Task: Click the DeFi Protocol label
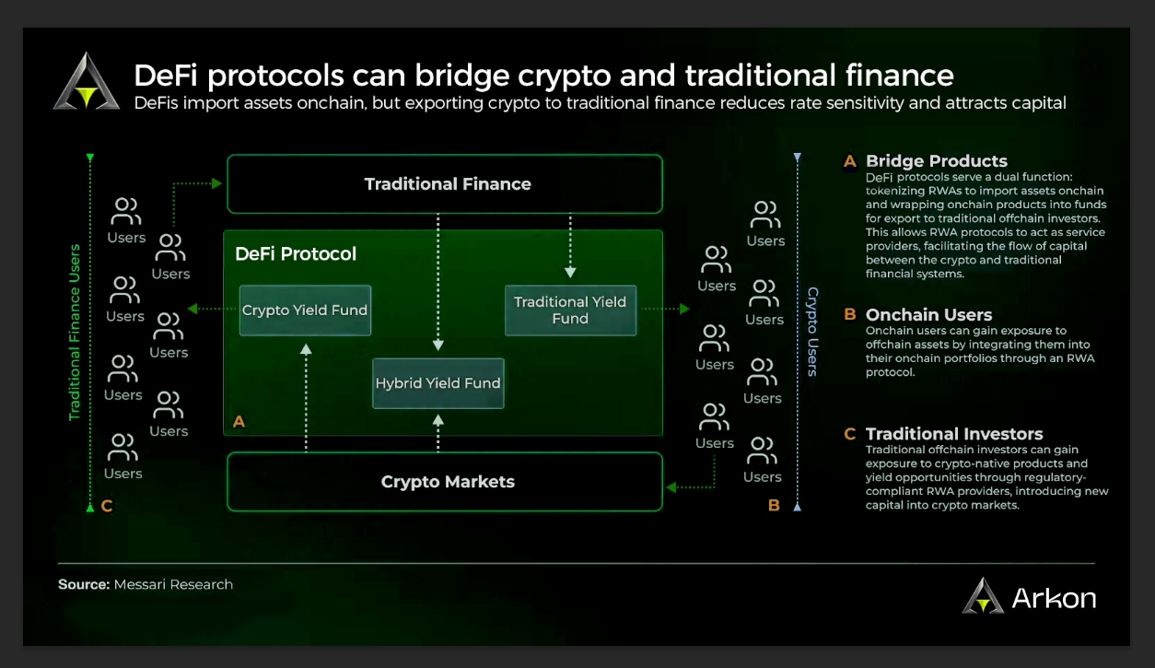coord(296,253)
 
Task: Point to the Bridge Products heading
coord(937,161)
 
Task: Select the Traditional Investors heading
coord(954,434)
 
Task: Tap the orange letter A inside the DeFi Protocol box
coord(239,422)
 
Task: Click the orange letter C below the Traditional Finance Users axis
coord(107,506)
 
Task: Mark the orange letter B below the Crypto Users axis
coord(774,506)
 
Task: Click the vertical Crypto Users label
coord(812,332)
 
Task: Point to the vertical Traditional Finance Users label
coord(75,333)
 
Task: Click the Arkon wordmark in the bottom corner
coord(1054,598)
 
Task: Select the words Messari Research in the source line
coord(173,584)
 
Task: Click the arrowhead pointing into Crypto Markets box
coord(671,486)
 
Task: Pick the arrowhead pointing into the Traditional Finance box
coord(217,183)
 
